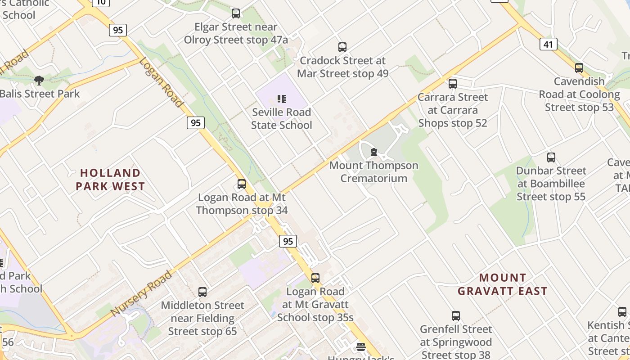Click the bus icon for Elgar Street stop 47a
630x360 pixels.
pos(236,13)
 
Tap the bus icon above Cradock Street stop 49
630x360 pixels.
pos(342,47)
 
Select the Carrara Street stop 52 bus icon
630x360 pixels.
pos(453,84)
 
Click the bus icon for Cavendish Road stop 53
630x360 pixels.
pos(579,68)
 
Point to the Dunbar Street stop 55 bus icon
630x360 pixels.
pos(551,157)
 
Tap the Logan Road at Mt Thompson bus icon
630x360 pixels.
pos(242,184)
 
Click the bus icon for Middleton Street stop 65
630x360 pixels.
pos(202,292)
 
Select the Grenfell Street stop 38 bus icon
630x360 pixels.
pos(456,316)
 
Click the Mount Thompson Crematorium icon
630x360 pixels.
pos(373,152)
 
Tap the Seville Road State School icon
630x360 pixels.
pos(282,99)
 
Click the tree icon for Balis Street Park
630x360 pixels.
pos(39,81)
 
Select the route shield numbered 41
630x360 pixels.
pos(548,44)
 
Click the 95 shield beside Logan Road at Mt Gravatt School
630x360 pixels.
pos(288,241)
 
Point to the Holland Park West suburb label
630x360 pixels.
pos(110,180)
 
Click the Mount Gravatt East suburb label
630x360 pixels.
pos(502,284)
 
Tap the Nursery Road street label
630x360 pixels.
pos(141,293)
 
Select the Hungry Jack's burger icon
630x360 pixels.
pos(360,347)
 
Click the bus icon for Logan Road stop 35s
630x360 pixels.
pos(315,278)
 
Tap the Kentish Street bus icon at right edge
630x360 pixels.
pos(622,312)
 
